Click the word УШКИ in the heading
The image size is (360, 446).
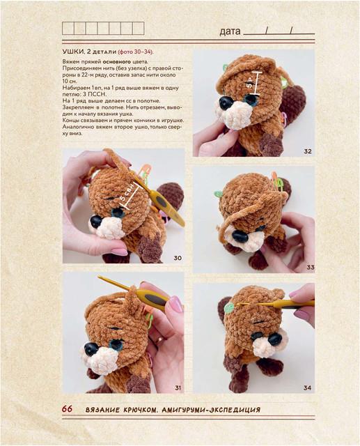tap(73, 52)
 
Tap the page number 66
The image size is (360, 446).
tap(67, 409)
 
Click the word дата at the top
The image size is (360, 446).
tap(230, 31)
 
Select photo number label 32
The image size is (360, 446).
tap(308, 151)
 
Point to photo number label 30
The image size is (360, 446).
tap(178, 258)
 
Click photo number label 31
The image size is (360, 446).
tap(178, 387)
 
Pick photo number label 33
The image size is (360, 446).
tap(311, 268)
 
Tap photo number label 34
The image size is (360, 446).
tap(307, 387)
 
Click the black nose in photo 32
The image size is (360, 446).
tap(226, 102)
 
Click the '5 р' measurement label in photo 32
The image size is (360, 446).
tap(250, 82)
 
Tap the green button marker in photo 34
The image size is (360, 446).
tap(229, 308)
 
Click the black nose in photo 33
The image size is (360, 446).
tap(240, 236)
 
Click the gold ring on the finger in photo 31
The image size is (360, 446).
tap(159, 339)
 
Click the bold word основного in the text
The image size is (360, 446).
tap(117, 62)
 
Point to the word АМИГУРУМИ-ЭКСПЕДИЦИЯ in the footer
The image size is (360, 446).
tap(211, 410)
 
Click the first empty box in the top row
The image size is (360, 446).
tap(68, 29)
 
